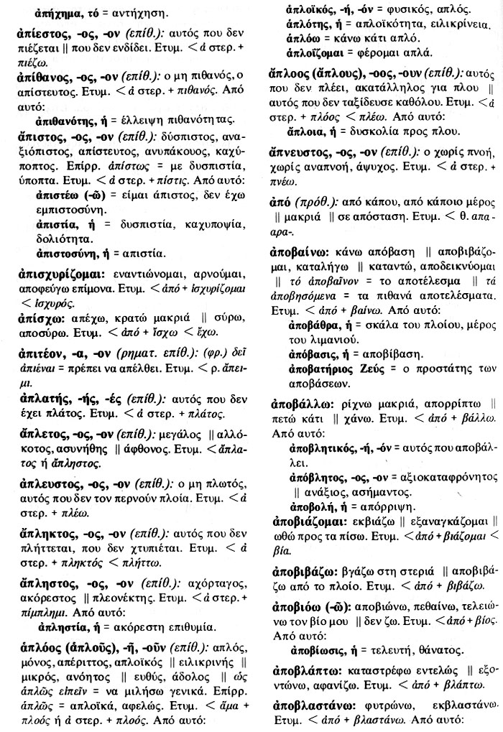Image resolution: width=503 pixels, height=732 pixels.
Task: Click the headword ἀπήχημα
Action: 62,13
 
